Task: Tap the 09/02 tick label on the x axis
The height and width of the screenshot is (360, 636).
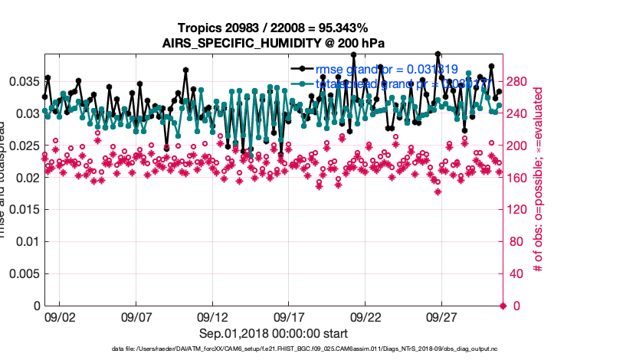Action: [60, 317]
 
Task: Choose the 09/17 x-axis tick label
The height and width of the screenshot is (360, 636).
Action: [290, 317]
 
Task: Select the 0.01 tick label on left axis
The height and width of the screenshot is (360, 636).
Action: [26, 241]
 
